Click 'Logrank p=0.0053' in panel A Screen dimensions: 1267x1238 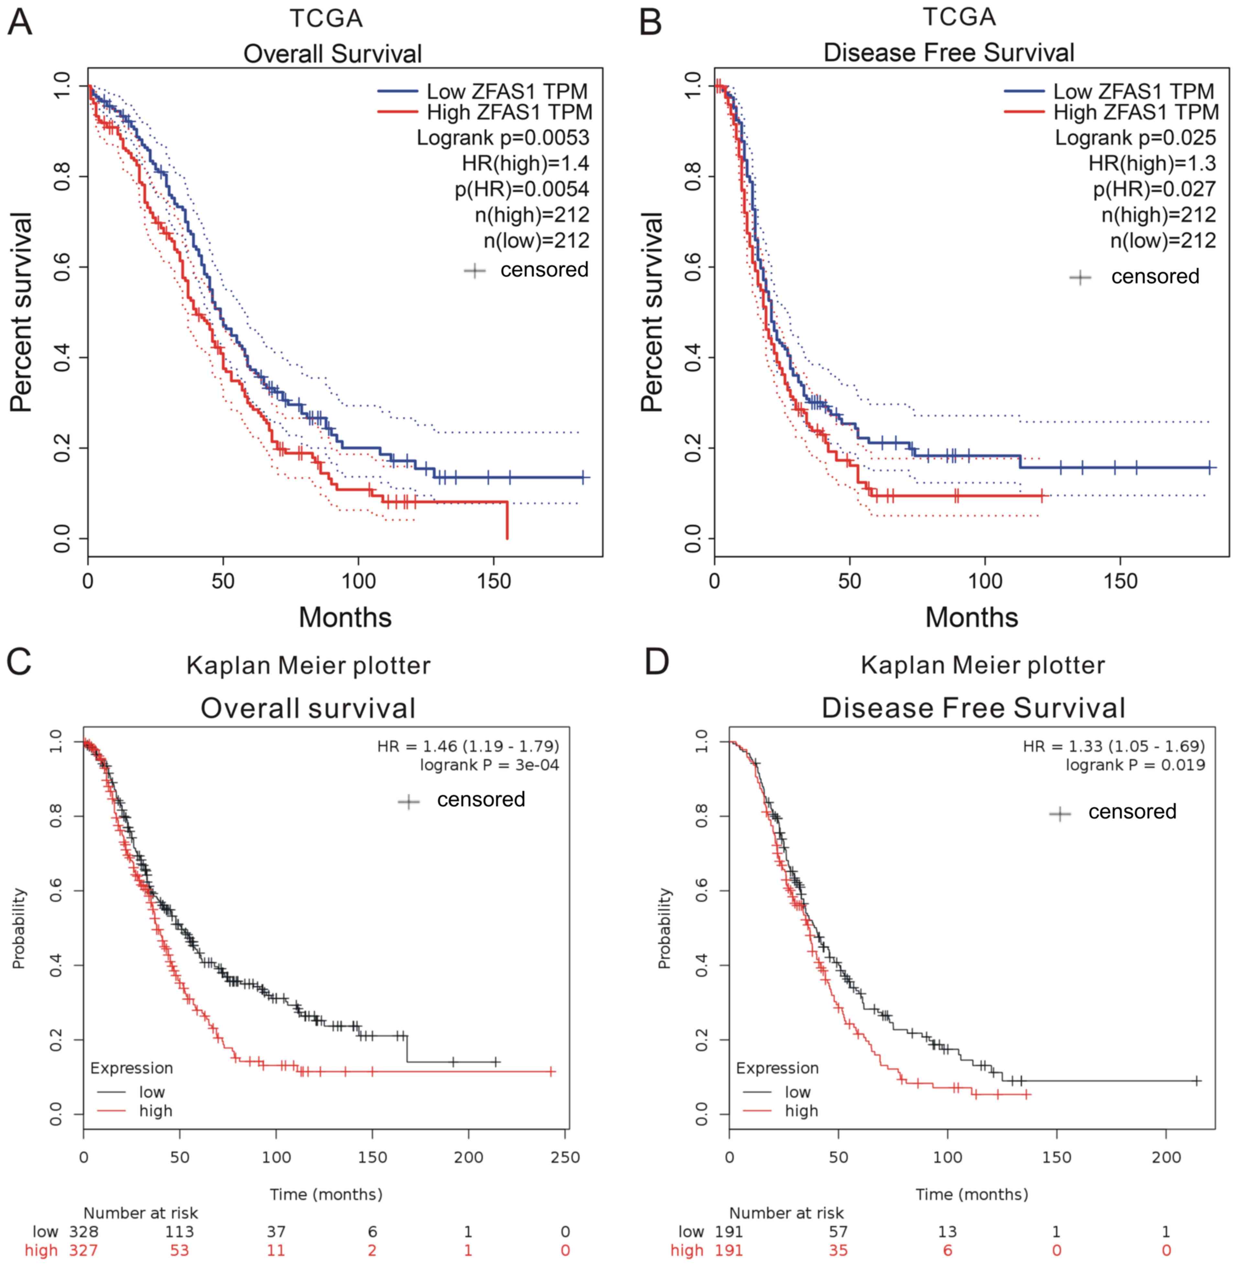coord(503,138)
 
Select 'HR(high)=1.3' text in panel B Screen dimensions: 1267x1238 coord(1152,163)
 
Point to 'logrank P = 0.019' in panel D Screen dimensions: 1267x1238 coord(1135,765)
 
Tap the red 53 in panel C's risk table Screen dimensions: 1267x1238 coord(179,1250)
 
